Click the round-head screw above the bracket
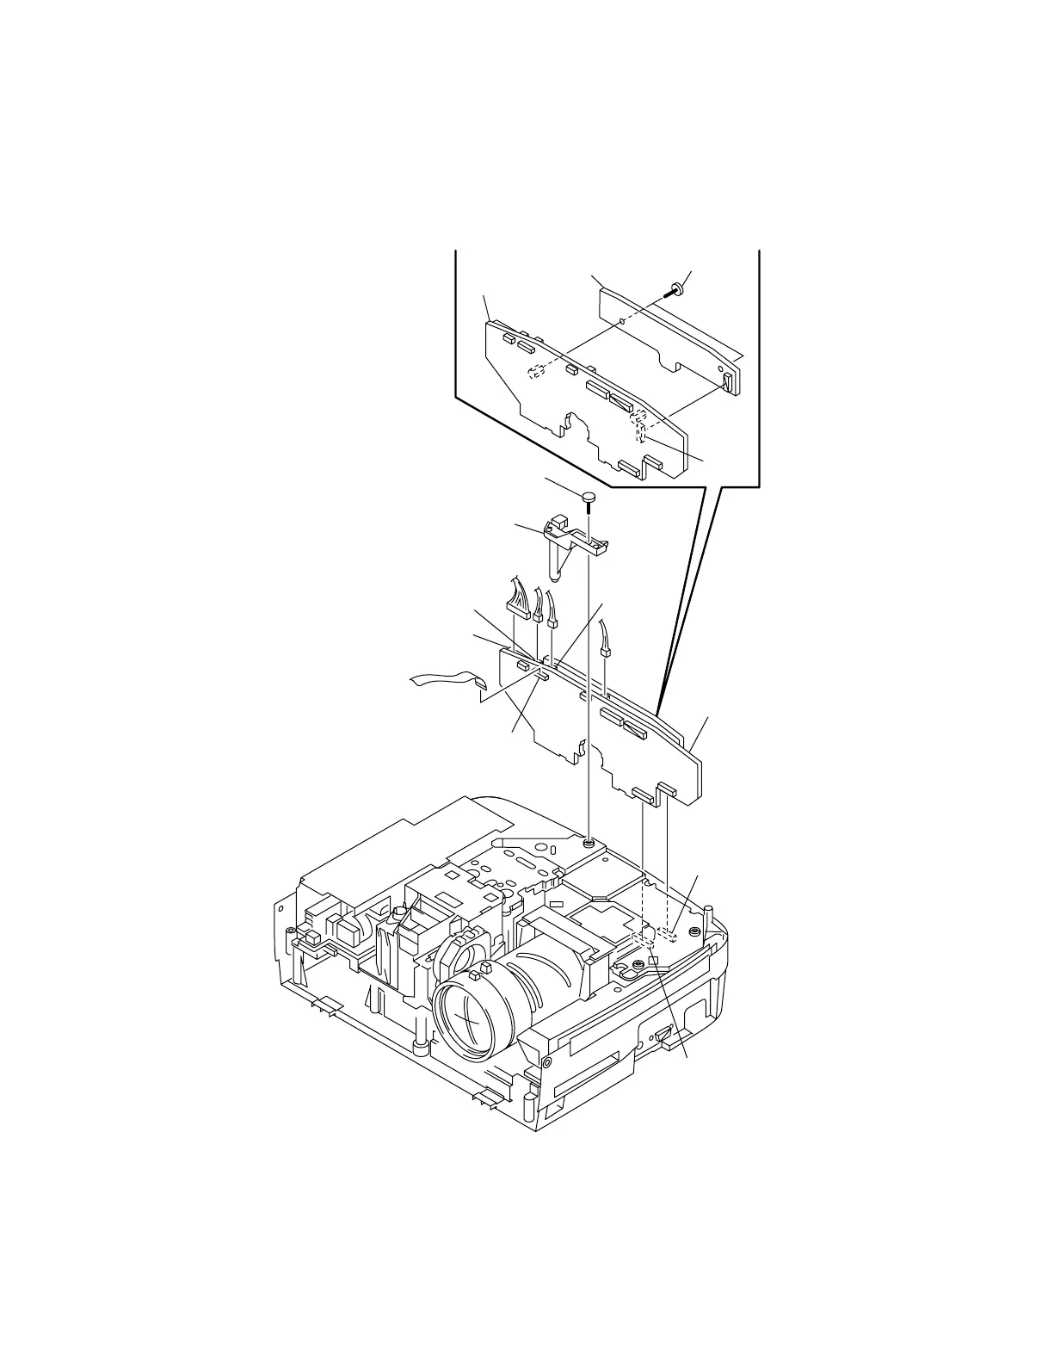click(589, 498)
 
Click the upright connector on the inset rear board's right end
click(729, 381)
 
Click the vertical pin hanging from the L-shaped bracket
click(557, 563)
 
